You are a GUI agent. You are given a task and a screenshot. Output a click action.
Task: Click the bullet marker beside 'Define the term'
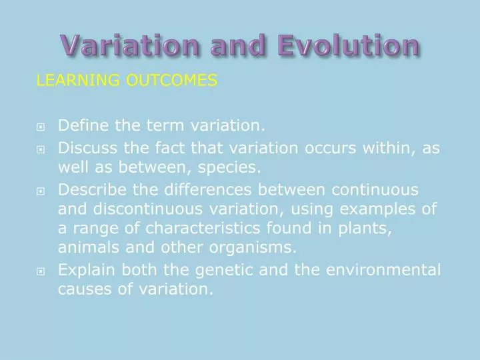41,126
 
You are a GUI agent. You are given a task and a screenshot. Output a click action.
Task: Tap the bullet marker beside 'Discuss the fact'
41,149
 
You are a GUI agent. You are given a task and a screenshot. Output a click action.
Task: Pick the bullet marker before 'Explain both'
41,271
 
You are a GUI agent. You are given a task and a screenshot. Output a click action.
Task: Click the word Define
82,125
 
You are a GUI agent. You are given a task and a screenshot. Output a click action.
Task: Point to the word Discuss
86,148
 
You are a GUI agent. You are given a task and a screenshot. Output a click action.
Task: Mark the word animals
87,249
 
